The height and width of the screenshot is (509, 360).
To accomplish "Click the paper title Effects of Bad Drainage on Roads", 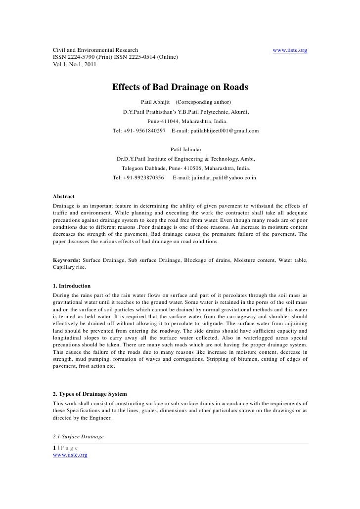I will pyautogui.click(x=180, y=87).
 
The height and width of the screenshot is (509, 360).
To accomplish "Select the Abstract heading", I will pyautogui.click(x=64, y=196).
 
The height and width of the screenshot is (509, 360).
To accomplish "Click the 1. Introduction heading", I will pyautogui.click(x=72, y=286).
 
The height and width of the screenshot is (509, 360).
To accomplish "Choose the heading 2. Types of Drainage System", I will pyautogui.click(x=90, y=394).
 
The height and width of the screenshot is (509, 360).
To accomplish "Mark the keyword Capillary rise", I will pyautogui.click(x=69, y=267).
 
